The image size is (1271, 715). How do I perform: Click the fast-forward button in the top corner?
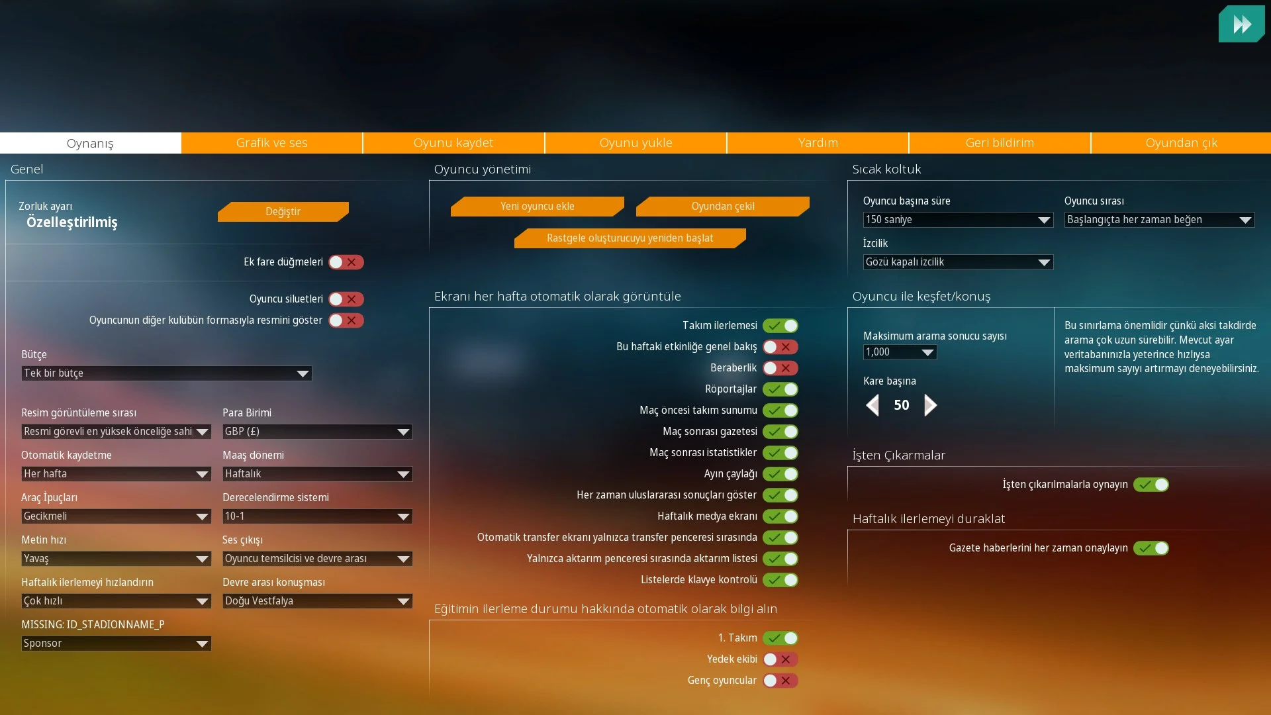tap(1241, 24)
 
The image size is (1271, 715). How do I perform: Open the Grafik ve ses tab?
tap(271, 143)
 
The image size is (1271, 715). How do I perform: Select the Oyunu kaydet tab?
tap(453, 143)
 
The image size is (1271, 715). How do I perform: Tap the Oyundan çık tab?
tap(1181, 143)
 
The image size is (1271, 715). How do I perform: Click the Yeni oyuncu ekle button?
tap(537, 207)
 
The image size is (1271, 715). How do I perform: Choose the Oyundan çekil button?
tap(722, 207)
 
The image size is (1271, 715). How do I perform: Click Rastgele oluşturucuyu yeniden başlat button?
tap(630, 238)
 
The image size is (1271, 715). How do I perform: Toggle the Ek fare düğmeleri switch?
tap(346, 262)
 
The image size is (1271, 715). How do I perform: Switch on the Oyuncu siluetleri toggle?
tap(346, 299)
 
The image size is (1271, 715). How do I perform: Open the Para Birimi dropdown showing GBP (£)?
tap(317, 432)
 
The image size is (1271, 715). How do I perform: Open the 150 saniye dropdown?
tap(958, 220)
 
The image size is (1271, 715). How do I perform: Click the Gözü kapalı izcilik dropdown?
tap(958, 262)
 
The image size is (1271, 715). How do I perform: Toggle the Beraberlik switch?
tap(780, 368)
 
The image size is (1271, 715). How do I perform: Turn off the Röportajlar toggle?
tap(780, 389)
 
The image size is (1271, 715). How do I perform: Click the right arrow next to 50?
tap(930, 405)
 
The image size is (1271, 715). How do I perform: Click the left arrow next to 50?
tap(872, 405)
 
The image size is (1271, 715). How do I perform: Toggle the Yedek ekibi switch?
tap(780, 659)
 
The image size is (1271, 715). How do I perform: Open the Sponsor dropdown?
tap(116, 643)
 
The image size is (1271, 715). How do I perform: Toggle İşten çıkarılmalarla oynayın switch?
tap(1151, 485)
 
